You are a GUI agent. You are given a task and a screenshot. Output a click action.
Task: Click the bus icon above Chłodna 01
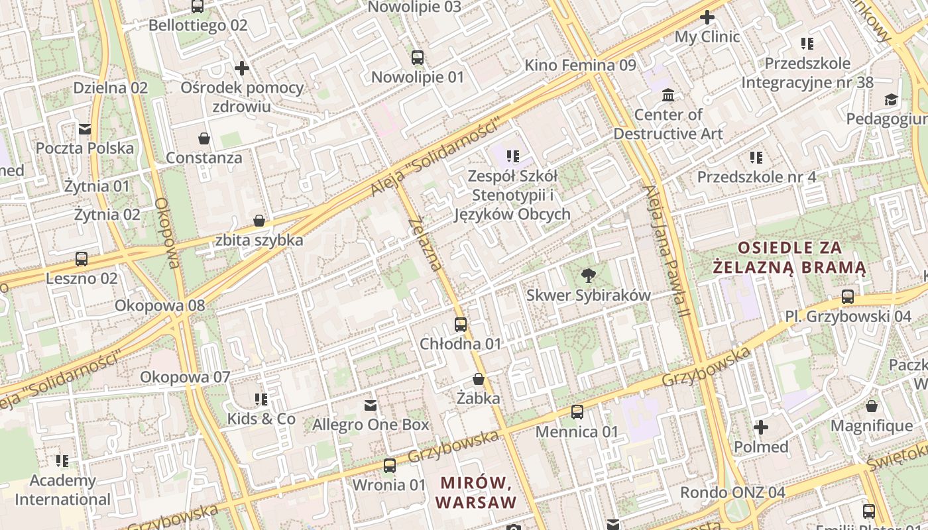pyautogui.click(x=461, y=325)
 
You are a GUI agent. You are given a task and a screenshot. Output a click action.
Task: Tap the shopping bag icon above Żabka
pyautogui.click(x=479, y=380)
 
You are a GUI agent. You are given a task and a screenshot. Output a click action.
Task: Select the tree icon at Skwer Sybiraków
pyautogui.click(x=588, y=276)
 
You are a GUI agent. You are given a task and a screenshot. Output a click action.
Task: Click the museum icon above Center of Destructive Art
pyautogui.click(x=668, y=95)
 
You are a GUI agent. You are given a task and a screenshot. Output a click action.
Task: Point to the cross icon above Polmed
pyautogui.click(x=761, y=427)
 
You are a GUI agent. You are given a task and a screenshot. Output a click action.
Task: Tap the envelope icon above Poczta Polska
pyautogui.click(x=85, y=129)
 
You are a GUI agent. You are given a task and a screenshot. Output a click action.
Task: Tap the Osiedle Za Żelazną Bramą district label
pyautogui.click(x=789, y=258)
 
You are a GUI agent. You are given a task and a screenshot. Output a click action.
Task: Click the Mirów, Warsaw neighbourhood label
pyautogui.click(x=476, y=492)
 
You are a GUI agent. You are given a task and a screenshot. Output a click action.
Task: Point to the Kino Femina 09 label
pyautogui.click(x=580, y=65)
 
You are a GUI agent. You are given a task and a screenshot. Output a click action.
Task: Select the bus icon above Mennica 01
pyautogui.click(x=577, y=412)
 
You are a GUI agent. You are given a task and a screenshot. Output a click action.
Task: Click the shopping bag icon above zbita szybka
pyautogui.click(x=259, y=221)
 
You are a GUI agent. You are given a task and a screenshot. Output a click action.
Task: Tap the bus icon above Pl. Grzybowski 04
pyautogui.click(x=848, y=297)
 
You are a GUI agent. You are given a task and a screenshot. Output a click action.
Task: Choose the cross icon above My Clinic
pyautogui.click(x=707, y=17)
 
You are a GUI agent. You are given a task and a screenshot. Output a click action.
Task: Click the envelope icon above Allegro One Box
pyautogui.click(x=371, y=405)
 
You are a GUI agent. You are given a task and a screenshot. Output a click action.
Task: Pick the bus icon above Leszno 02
pyautogui.click(x=82, y=259)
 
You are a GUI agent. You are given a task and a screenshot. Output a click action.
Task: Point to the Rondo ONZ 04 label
pyautogui.click(x=732, y=493)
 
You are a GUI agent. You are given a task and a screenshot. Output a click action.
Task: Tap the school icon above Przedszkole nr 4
pyautogui.click(x=756, y=158)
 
